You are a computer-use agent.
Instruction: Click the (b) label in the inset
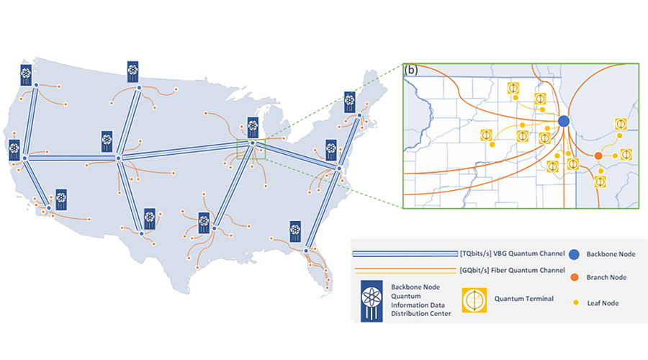click(x=411, y=70)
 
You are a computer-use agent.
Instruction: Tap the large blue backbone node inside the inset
click(x=564, y=121)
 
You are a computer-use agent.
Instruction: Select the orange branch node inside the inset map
click(x=598, y=156)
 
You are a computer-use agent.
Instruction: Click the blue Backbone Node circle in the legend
click(x=574, y=254)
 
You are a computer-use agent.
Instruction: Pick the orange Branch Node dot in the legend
click(x=575, y=277)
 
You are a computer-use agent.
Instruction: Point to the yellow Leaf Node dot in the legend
click(x=576, y=303)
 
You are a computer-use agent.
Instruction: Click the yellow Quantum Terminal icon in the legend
click(x=474, y=300)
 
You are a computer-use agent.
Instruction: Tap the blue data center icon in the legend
click(x=372, y=301)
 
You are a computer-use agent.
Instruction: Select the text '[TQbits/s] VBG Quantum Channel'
click(x=512, y=253)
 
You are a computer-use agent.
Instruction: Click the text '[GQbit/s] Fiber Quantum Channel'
click(x=512, y=270)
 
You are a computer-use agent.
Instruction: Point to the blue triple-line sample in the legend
click(x=405, y=253)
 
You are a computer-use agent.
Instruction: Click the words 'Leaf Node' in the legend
click(x=603, y=303)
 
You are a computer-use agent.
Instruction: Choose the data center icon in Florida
click(x=295, y=231)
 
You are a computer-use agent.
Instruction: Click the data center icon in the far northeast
click(x=350, y=102)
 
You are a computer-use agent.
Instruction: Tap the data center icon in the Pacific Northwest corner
click(x=26, y=75)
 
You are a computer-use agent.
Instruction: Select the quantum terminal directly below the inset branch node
click(x=600, y=181)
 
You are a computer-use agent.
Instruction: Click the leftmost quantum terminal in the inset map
click(x=487, y=135)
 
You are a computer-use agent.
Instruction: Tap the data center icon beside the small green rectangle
click(x=253, y=127)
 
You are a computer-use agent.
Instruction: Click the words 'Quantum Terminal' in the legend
click(x=524, y=299)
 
